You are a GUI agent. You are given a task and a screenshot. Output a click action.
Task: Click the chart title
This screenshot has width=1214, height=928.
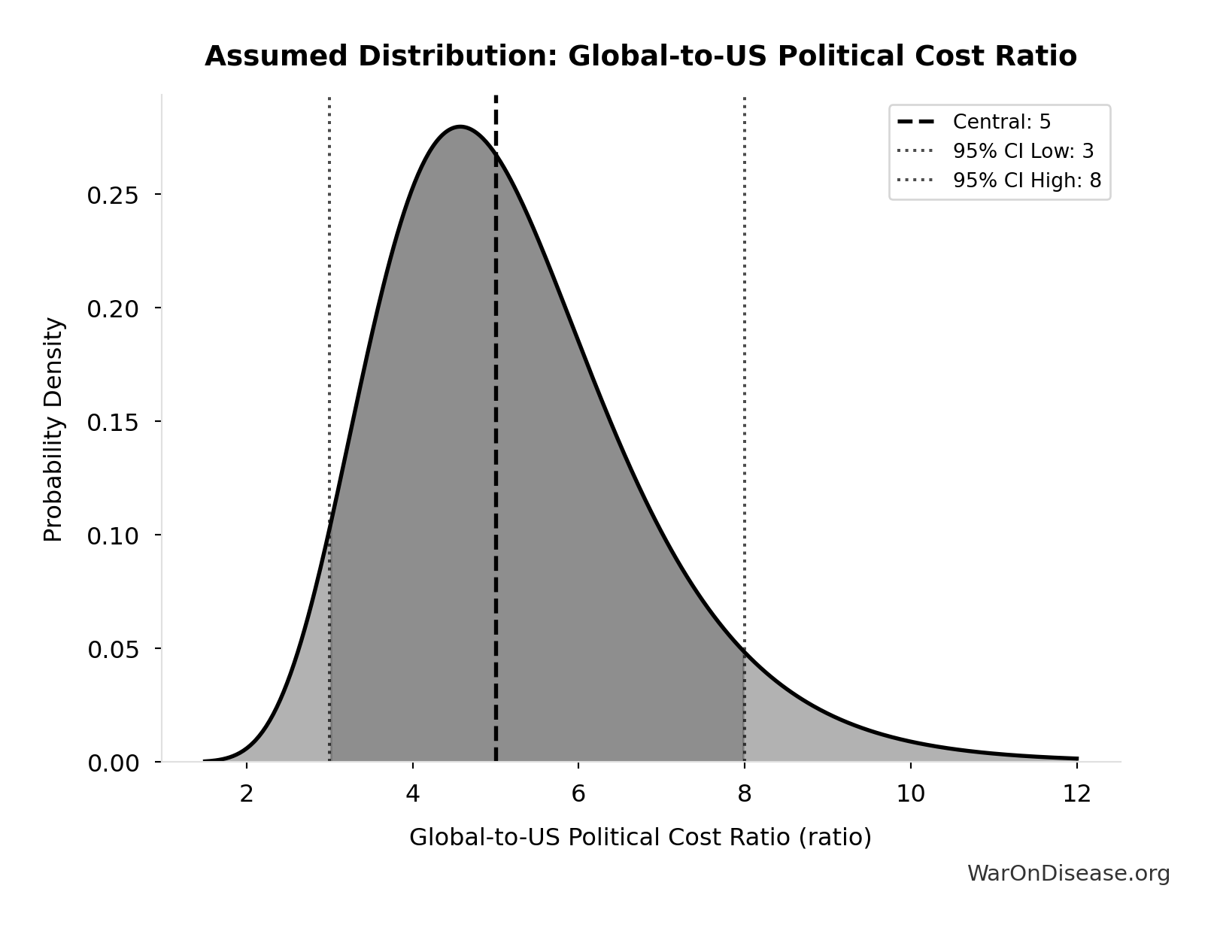pyautogui.click(x=640, y=56)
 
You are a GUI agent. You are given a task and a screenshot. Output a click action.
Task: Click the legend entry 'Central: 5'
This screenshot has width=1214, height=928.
pyautogui.click(x=1001, y=122)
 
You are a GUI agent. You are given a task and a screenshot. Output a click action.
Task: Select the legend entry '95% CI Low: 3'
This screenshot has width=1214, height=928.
pyautogui.click(x=1023, y=151)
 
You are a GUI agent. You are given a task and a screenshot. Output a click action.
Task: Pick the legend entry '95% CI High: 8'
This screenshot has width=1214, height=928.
pyautogui.click(x=1026, y=180)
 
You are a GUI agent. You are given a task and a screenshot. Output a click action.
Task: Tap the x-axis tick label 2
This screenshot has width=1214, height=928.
pyautogui.click(x=247, y=794)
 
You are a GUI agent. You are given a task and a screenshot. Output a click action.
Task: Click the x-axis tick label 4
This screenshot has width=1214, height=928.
pyautogui.click(x=412, y=794)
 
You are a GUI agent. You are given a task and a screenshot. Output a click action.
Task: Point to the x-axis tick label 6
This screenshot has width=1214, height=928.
pyautogui.click(x=578, y=794)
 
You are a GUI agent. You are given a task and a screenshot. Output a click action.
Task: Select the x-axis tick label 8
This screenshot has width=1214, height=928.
pyautogui.click(x=745, y=794)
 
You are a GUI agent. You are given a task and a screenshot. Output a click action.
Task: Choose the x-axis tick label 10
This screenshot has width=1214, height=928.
pyautogui.click(x=910, y=794)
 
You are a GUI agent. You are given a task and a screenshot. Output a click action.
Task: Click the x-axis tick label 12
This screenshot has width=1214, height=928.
pyautogui.click(x=1076, y=794)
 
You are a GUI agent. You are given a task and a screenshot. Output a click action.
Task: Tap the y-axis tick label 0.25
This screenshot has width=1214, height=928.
pyautogui.click(x=113, y=196)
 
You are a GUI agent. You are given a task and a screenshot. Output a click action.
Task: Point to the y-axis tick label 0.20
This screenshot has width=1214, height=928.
pyautogui.click(x=113, y=309)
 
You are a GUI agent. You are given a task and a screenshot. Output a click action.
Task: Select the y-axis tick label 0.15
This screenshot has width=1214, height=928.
pyautogui.click(x=113, y=423)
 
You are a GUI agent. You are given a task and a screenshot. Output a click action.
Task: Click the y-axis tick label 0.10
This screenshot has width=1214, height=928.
pyautogui.click(x=113, y=536)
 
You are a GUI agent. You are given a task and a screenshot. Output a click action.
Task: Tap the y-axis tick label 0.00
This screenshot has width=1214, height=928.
pyautogui.click(x=113, y=763)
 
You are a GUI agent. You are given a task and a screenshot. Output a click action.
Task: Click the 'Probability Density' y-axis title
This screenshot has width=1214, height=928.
pyautogui.click(x=53, y=429)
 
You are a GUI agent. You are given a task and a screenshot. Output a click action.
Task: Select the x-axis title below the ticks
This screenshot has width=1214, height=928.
pyautogui.click(x=640, y=837)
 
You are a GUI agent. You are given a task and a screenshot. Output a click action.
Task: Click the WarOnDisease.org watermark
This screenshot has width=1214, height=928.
pyautogui.click(x=1068, y=873)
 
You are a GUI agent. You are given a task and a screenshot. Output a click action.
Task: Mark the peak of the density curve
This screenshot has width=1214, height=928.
pyautogui.click(x=460, y=126)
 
